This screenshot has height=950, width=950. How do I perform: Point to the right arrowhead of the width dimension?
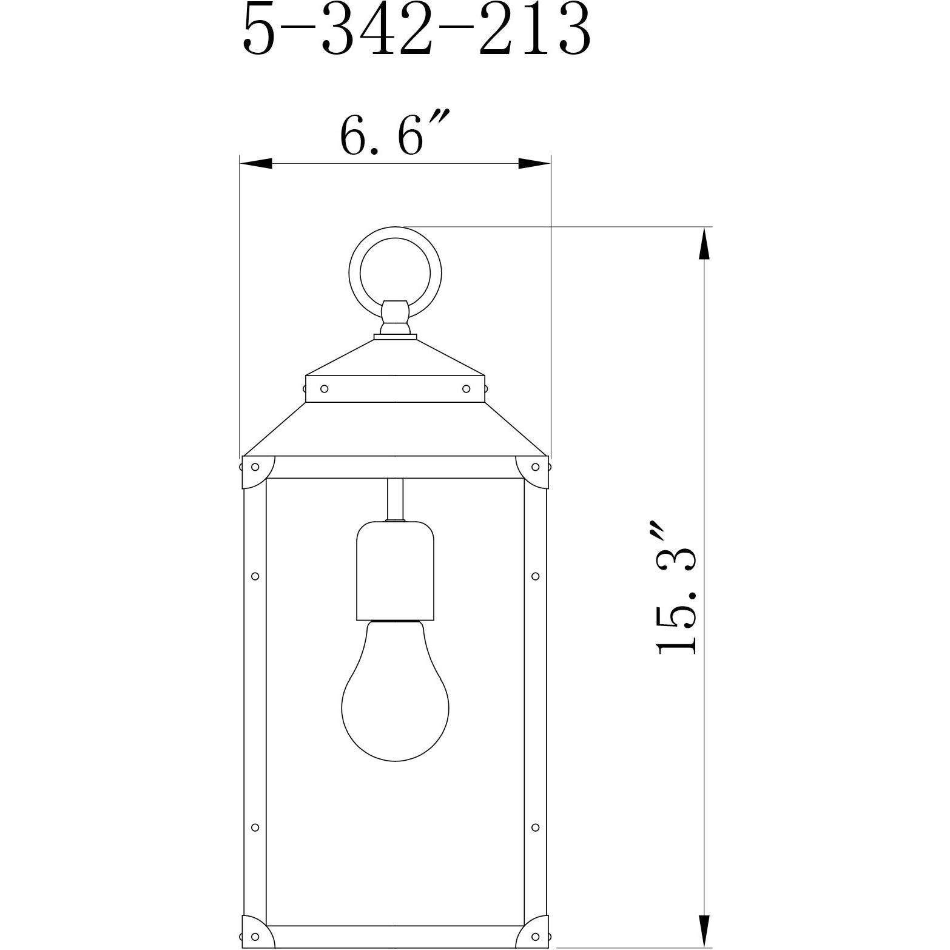click(x=534, y=163)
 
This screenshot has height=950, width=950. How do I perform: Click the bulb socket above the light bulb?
click(x=395, y=571)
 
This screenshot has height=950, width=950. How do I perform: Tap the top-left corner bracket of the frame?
click(x=257, y=471)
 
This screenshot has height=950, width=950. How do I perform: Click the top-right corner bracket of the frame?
click(x=532, y=471)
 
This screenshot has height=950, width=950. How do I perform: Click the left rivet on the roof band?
click(x=324, y=388)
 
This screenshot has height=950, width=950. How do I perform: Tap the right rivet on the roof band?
click(x=466, y=388)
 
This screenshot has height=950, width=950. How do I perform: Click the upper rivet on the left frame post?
click(x=255, y=576)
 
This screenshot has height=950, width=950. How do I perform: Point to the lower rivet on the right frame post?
click(x=535, y=827)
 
